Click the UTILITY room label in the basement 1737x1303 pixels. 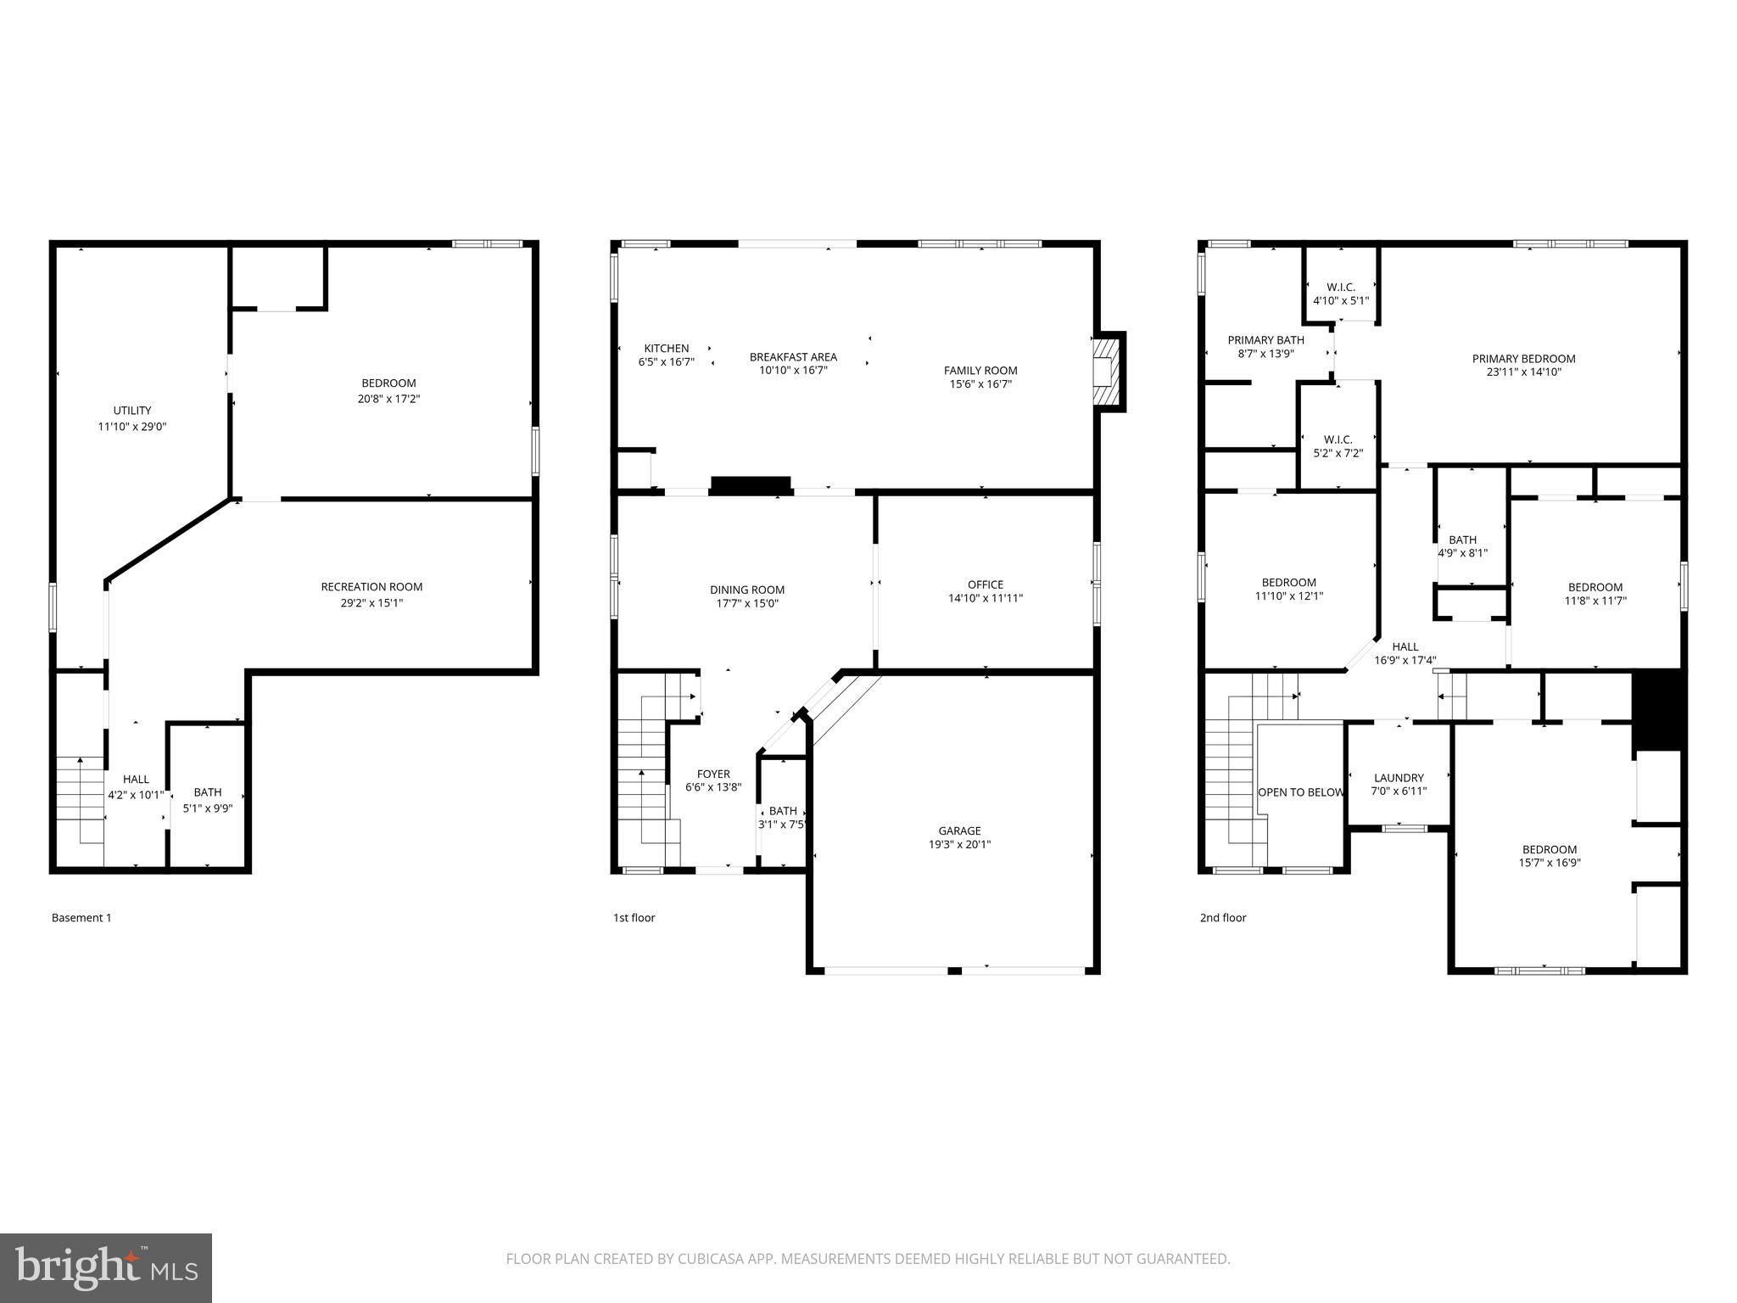[132, 411]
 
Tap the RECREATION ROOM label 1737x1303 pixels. [371, 587]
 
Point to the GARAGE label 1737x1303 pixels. [959, 830]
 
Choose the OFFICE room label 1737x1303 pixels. [986, 584]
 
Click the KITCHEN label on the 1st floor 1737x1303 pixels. [667, 349]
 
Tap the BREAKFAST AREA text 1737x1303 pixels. [793, 357]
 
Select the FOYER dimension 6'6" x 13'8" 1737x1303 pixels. [713, 787]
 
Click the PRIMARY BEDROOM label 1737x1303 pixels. [1523, 359]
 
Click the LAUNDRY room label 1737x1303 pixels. [1399, 778]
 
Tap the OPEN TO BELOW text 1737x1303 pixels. [1300, 792]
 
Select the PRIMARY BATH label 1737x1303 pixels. [1265, 340]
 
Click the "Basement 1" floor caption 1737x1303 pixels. [81, 918]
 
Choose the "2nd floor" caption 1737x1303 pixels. [1223, 918]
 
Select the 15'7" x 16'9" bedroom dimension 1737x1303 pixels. [1550, 864]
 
